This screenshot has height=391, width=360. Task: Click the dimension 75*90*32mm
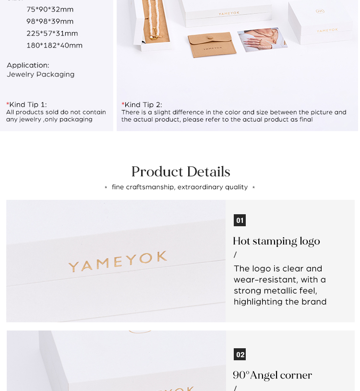click(50, 10)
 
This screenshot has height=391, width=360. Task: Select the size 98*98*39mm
click(50, 22)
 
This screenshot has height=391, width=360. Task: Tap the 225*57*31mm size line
click(52, 34)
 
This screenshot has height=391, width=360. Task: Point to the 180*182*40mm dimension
click(54, 46)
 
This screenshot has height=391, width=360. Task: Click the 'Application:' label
click(28, 65)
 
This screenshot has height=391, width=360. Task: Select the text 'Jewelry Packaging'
click(41, 74)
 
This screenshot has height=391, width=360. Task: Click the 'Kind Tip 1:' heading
click(27, 105)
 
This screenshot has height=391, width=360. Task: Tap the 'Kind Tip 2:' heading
click(142, 105)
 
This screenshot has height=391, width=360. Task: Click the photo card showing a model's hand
click(263, 40)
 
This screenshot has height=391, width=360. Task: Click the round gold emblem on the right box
click(320, 11)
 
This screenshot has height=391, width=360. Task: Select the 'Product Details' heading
click(180, 171)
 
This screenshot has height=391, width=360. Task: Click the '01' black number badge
click(240, 220)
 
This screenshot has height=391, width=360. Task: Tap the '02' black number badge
click(240, 354)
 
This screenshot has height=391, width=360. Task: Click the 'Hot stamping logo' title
click(276, 241)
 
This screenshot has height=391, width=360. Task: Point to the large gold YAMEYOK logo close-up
click(118, 261)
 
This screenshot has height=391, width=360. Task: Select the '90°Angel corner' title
click(272, 375)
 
